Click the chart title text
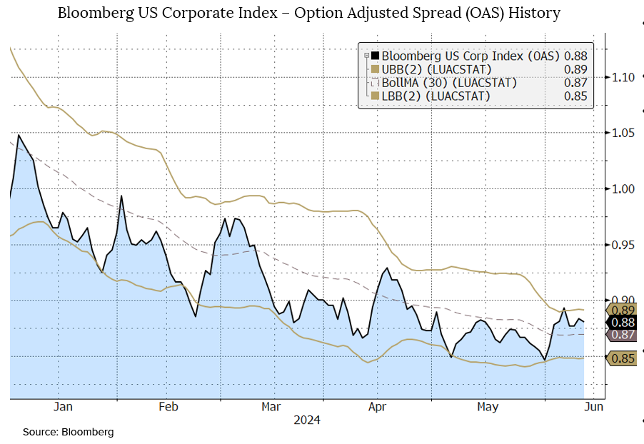(x=308, y=14)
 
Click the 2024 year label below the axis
(x=307, y=420)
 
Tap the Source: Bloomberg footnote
(x=68, y=432)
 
